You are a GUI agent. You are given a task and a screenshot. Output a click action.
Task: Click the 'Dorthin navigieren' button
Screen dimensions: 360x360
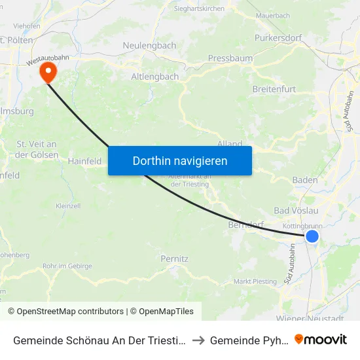(x=179, y=160)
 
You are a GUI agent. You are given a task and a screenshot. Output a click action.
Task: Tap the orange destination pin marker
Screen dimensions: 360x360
(x=48, y=72)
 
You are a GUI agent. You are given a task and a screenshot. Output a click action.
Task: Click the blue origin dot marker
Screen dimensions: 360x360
(x=312, y=236)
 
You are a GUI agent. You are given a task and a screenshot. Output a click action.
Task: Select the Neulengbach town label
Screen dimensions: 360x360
(x=149, y=46)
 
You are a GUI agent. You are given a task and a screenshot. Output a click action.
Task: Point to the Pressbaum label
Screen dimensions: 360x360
(x=230, y=58)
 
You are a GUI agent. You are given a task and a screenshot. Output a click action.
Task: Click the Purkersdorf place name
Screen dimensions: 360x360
(x=278, y=38)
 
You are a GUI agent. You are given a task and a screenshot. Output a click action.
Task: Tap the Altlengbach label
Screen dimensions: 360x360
(x=154, y=77)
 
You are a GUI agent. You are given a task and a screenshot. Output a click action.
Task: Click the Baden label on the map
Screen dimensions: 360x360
(x=305, y=180)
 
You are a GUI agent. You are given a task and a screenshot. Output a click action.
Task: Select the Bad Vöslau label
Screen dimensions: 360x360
(x=296, y=211)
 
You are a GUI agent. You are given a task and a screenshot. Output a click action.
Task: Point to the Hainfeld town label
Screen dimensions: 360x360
(x=85, y=160)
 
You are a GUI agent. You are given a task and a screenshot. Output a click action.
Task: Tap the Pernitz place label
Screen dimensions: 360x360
(x=174, y=259)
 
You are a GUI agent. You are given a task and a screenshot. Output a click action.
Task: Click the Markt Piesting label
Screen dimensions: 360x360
(x=255, y=282)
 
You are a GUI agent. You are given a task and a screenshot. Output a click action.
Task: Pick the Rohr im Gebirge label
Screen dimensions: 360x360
(x=67, y=266)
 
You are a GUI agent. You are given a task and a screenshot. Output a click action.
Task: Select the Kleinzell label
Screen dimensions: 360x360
(x=68, y=205)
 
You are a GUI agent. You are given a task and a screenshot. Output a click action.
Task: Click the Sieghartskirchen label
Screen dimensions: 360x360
(x=199, y=9)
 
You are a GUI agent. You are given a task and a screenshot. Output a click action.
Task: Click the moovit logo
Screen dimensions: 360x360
(x=321, y=339)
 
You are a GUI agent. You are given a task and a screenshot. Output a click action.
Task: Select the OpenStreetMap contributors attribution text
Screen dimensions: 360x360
(x=65, y=312)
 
